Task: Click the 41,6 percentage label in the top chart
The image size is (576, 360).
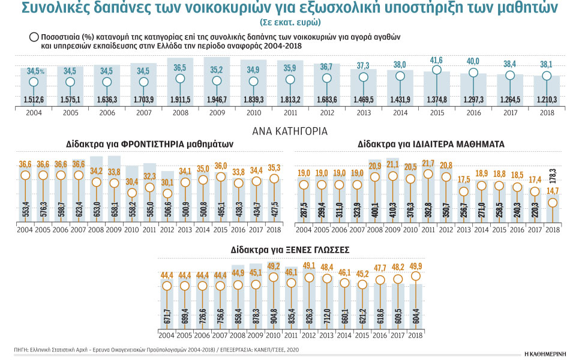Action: tap(437, 61)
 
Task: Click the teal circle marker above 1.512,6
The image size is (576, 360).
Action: tap(34, 82)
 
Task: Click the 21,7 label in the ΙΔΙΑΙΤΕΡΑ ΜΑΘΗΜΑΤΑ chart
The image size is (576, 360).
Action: tap(428, 163)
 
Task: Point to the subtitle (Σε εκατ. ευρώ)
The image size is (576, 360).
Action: tap(290, 22)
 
